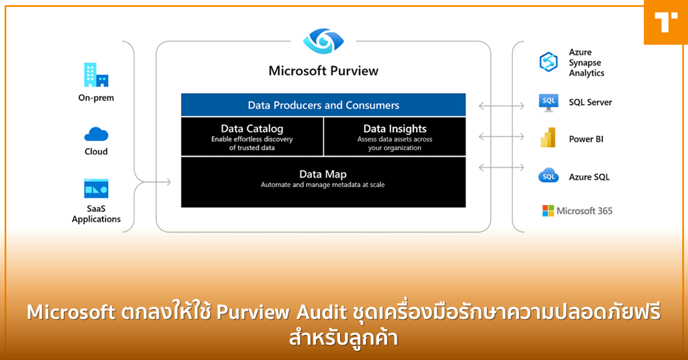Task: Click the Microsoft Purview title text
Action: (x=323, y=71)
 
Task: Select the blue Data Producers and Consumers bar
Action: (x=323, y=105)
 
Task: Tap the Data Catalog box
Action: (x=252, y=136)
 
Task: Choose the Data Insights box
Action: (x=394, y=136)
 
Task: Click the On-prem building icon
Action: (x=96, y=75)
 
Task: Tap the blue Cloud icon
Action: (x=96, y=134)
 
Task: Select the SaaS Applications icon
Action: (x=96, y=189)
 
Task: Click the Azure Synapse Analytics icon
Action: (x=549, y=62)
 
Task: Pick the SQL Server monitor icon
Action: (x=549, y=103)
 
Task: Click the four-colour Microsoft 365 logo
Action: (x=549, y=211)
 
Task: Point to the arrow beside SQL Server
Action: (x=502, y=105)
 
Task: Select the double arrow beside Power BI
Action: (x=502, y=136)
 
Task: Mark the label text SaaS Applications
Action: (x=96, y=214)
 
